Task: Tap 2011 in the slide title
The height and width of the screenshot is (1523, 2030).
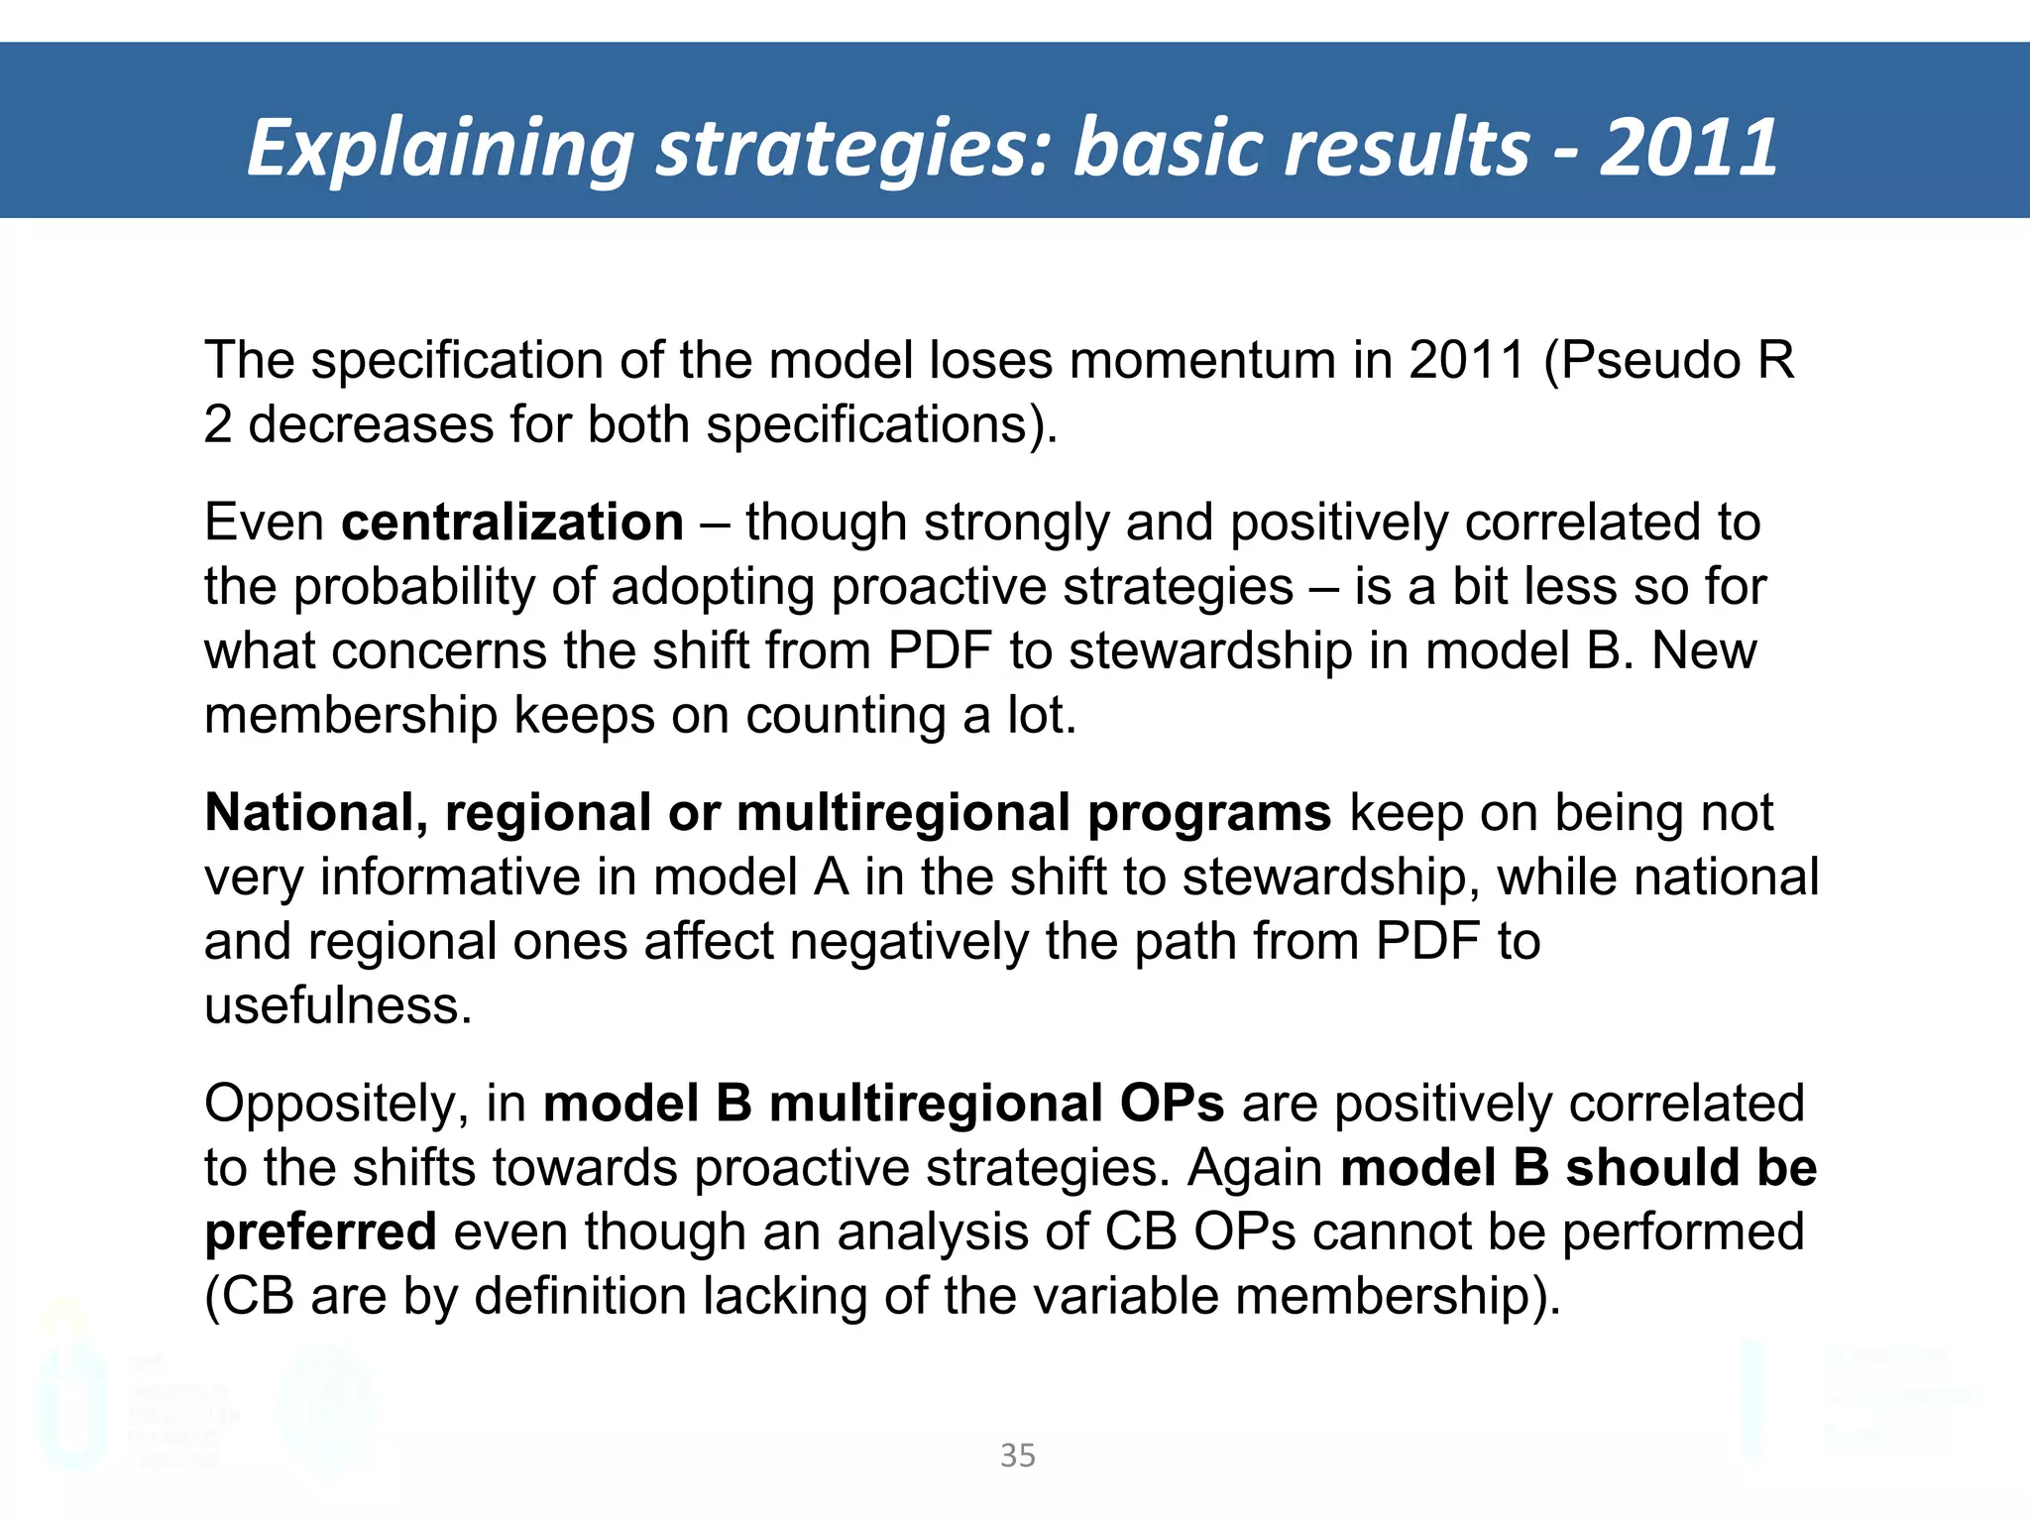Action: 1688,149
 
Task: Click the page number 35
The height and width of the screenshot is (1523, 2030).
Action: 1018,1456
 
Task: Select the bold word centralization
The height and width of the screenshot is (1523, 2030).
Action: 512,522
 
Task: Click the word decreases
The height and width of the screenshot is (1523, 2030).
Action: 371,424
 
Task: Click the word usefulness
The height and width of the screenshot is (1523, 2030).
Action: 338,1005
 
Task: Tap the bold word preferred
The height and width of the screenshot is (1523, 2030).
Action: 320,1231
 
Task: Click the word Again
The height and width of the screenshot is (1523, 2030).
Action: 1255,1167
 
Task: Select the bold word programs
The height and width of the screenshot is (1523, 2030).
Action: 1208,812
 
